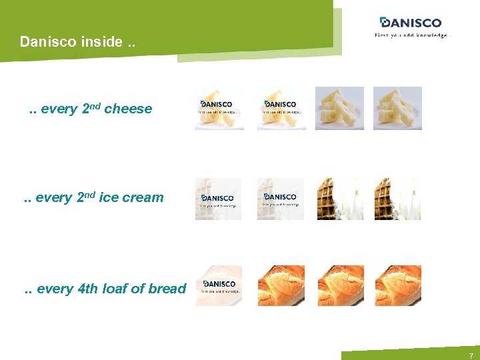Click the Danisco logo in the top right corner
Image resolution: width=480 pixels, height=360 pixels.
pyautogui.click(x=410, y=23)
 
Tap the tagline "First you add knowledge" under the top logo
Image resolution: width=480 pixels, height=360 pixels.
pyautogui.click(x=411, y=35)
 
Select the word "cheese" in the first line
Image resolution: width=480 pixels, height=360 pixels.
pyautogui.click(x=128, y=109)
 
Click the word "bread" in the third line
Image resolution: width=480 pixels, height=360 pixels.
pyautogui.click(x=167, y=289)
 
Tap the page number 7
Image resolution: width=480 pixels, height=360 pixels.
pyautogui.click(x=471, y=355)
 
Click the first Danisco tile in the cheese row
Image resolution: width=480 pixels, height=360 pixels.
pyautogui.click(x=217, y=107)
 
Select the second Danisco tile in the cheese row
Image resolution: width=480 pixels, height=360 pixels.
pyautogui.click(x=281, y=107)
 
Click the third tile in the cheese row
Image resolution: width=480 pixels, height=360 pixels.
pyautogui.click(x=339, y=107)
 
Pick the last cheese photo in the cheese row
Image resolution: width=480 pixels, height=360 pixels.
pyautogui.click(x=397, y=107)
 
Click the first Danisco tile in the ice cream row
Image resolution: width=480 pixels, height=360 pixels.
pyautogui.click(x=217, y=199)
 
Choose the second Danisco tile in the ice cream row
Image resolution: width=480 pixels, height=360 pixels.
pyautogui.click(x=281, y=199)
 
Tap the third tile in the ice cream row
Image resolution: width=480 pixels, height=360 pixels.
pyautogui.click(x=339, y=199)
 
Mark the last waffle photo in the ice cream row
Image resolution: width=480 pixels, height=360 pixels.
pyautogui.click(x=397, y=199)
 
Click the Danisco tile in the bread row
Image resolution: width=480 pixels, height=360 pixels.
pyautogui.click(x=219, y=285)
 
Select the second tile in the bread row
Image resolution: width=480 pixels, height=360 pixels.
pyautogui.click(x=281, y=285)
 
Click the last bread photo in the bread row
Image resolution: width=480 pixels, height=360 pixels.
pyautogui.click(x=398, y=285)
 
